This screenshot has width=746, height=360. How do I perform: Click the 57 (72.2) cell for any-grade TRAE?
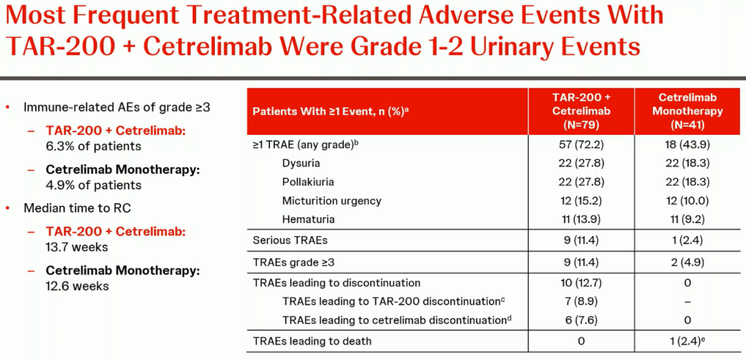coord(581,145)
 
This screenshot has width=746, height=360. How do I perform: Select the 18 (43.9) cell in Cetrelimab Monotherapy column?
coord(687,145)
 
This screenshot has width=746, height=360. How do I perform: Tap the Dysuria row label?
coord(300,163)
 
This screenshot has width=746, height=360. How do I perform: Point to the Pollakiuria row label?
coord(307,182)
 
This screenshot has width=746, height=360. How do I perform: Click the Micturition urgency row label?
coord(332,201)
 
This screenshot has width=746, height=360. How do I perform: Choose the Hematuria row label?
coord(308,220)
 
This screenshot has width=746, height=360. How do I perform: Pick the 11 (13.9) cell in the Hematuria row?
coord(581,220)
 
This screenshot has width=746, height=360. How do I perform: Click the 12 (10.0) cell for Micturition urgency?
coord(687,201)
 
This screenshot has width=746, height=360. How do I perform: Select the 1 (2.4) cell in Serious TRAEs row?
coord(687,240)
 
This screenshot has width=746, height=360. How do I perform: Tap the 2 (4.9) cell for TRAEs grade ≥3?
coord(687,262)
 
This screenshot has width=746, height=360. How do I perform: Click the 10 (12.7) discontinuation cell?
coord(581,283)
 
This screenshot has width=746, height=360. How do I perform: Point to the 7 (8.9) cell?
coord(581,301)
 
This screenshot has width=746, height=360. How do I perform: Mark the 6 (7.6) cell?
coord(581,320)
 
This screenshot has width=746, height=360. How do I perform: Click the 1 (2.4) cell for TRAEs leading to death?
coord(687,341)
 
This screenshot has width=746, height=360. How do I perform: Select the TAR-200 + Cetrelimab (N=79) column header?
coord(581,111)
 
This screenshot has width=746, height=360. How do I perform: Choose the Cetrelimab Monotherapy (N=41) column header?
coord(687,111)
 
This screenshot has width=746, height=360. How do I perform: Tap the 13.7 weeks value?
coord(77,247)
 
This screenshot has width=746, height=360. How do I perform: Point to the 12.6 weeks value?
coord(77,286)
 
